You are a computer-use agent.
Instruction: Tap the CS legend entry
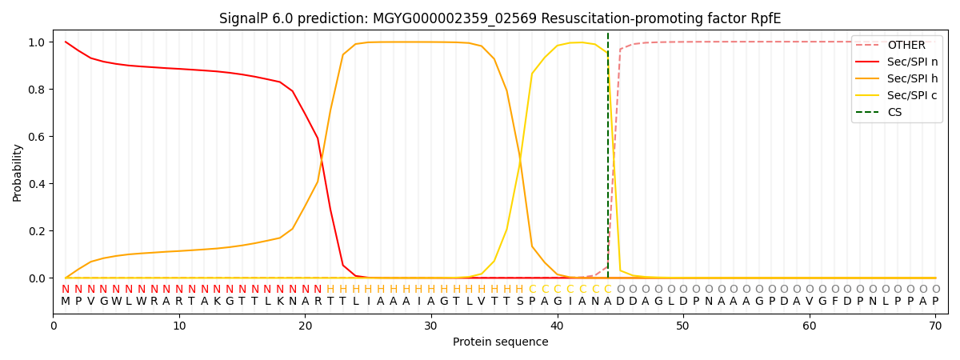894,112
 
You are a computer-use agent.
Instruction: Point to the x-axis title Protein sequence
501,342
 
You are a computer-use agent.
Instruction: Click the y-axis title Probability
18,172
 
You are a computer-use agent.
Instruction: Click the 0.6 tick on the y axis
37,137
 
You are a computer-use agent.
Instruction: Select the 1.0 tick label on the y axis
37,42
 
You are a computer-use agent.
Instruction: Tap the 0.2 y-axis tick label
37,231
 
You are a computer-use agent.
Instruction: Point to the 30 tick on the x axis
430,326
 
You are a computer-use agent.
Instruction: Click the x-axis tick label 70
935,326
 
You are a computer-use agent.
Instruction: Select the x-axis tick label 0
54,326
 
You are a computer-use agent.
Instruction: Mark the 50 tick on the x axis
682,326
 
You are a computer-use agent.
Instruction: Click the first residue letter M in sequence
66,302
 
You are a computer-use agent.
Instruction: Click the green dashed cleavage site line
608,160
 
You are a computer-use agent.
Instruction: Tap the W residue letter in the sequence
116,302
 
